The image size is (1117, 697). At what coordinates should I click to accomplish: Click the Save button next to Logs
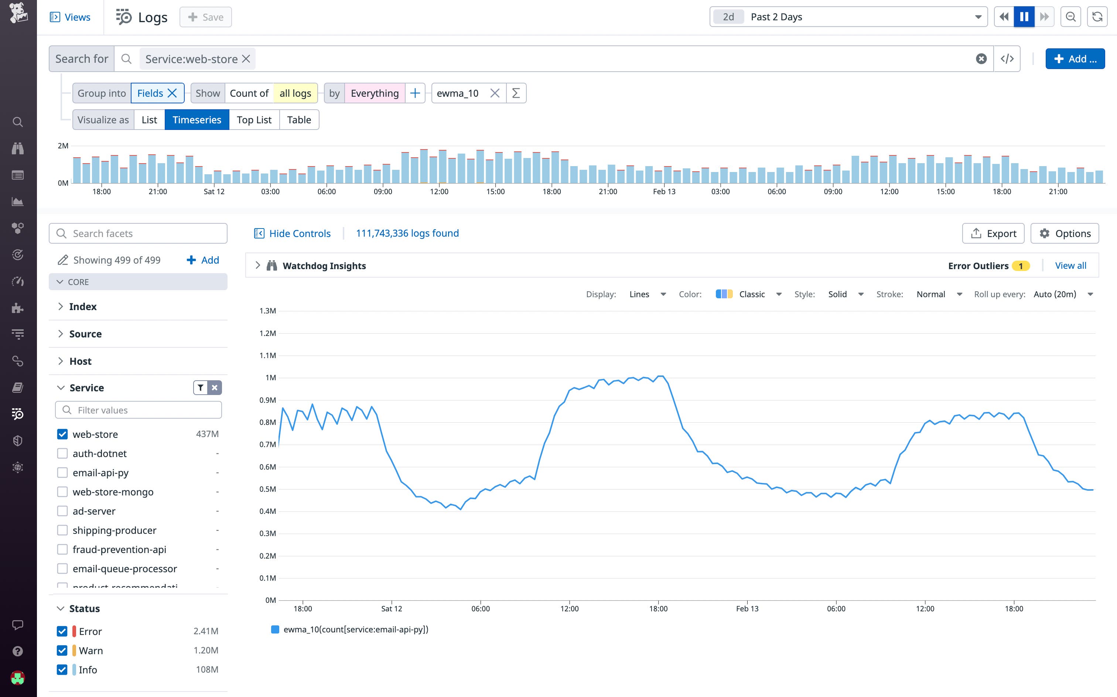pyautogui.click(x=206, y=17)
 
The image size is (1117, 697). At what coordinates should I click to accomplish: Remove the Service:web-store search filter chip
pyautogui.click(x=246, y=59)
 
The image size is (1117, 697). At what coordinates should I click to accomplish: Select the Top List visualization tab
pyautogui.click(x=254, y=120)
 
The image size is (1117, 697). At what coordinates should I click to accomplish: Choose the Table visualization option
pyautogui.click(x=299, y=120)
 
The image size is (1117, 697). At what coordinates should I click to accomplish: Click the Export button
pyautogui.click(x=993, y=233)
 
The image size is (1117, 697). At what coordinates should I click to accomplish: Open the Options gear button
pyautogui.click(x=1065, y=233)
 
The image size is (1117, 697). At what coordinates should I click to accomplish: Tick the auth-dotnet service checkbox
pyautogui.click(x=62, y=454)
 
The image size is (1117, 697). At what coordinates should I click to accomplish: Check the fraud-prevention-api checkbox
pyautogui.click(x=62, y=549)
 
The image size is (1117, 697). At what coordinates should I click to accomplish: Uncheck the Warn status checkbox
pyautogui.click(x=62, y=650)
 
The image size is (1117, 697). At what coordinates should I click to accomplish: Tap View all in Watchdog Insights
pyautogui.click(x=1070, y=265)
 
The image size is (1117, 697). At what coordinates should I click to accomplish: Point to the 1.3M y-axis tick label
pyautogui.click(x=267, y=311)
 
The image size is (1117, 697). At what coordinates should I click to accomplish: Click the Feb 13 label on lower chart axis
pyautogui.click(x=747, y=608)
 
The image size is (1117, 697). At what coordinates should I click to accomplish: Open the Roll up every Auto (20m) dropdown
pyautogui.click(x=1063, y=294)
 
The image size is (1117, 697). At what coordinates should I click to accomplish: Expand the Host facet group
pyautogui.click(x=80, y=361)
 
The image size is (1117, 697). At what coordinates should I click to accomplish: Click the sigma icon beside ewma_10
pyautogui.click(x=516, y=93)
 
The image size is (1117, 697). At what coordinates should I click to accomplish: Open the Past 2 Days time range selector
pyautogui.click(x=848, y=17)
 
